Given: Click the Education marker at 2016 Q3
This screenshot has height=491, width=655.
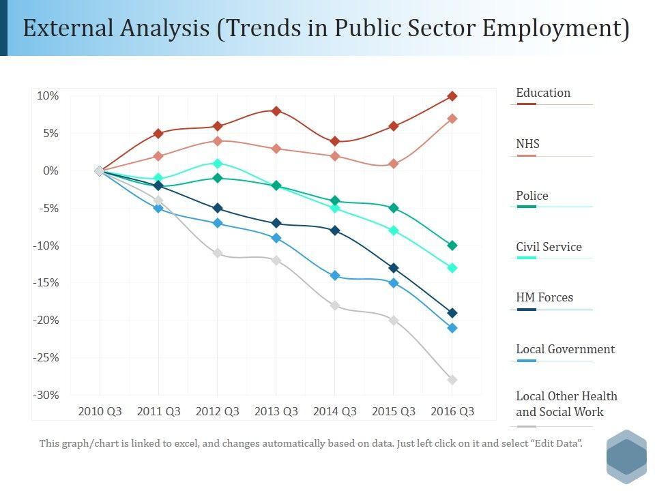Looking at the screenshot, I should pos(452,96).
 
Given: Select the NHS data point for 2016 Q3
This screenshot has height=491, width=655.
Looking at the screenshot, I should pos(452,119).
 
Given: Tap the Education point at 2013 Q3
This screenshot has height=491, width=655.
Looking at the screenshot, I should pos(276,110).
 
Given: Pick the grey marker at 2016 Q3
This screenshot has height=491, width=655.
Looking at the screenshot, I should pos(452,380).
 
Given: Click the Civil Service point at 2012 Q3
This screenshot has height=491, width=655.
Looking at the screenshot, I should pos(218,163).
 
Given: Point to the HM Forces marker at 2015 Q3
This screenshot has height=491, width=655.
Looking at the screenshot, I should pos(394,268).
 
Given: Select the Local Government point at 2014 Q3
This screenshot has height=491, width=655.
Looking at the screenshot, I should pos(335,276).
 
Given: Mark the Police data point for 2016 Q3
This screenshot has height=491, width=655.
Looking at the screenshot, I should pos(452,245).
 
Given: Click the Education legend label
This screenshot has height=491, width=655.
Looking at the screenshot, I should pos(543,93).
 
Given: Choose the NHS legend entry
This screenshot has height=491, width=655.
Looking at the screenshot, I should pos(528,144).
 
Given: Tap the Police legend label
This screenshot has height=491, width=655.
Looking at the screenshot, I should pos(532,196).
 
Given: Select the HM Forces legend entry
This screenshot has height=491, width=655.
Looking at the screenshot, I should pos(544,297).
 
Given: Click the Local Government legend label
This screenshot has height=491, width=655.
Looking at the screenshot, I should pos(565,349).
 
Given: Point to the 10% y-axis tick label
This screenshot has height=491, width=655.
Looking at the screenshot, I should pos(48,96).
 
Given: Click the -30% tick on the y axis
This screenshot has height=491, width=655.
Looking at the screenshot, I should pos(47,395).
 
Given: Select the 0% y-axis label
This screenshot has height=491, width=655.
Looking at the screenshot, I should pos(50,170).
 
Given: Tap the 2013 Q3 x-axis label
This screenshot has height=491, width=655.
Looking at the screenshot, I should pos(276,411).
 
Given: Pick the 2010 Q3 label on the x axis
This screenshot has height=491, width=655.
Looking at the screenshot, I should pos(100,411).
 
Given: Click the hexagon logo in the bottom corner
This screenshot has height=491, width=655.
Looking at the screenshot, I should pos(626,456).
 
